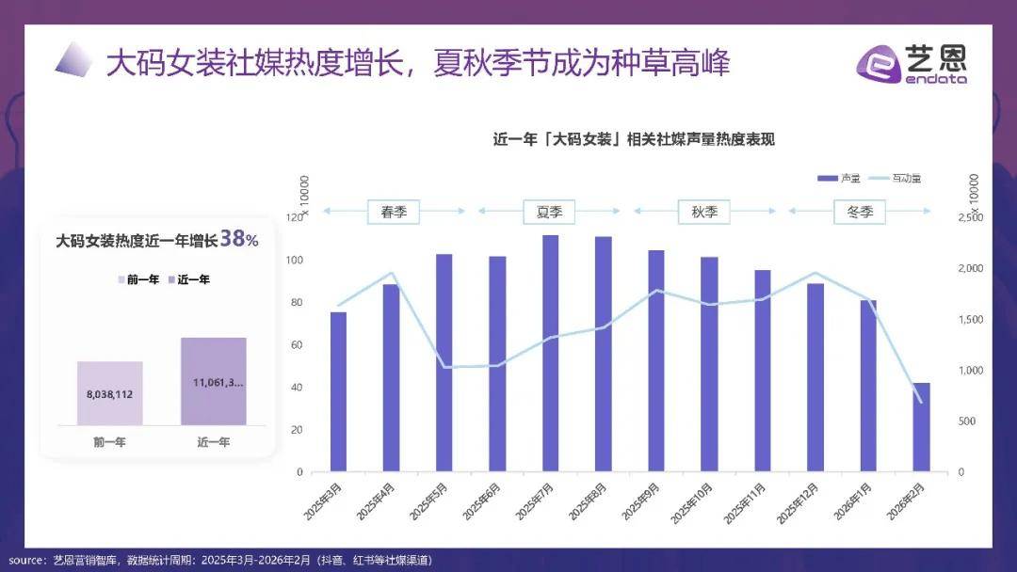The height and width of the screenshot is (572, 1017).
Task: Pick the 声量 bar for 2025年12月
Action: (815, 377)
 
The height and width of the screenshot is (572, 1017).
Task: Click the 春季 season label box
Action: (394, 212)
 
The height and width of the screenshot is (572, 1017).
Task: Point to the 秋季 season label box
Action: (704, 212)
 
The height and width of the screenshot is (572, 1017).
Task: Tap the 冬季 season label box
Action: (860, 212)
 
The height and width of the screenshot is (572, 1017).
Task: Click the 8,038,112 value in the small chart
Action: (110, 394)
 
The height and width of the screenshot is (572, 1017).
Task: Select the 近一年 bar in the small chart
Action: (214, 381)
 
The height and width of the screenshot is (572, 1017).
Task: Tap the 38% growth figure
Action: (239, 241)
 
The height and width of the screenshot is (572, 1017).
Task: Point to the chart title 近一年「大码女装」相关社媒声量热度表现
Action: (634, 139)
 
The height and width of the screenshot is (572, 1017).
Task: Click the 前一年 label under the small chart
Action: (109, 441)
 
